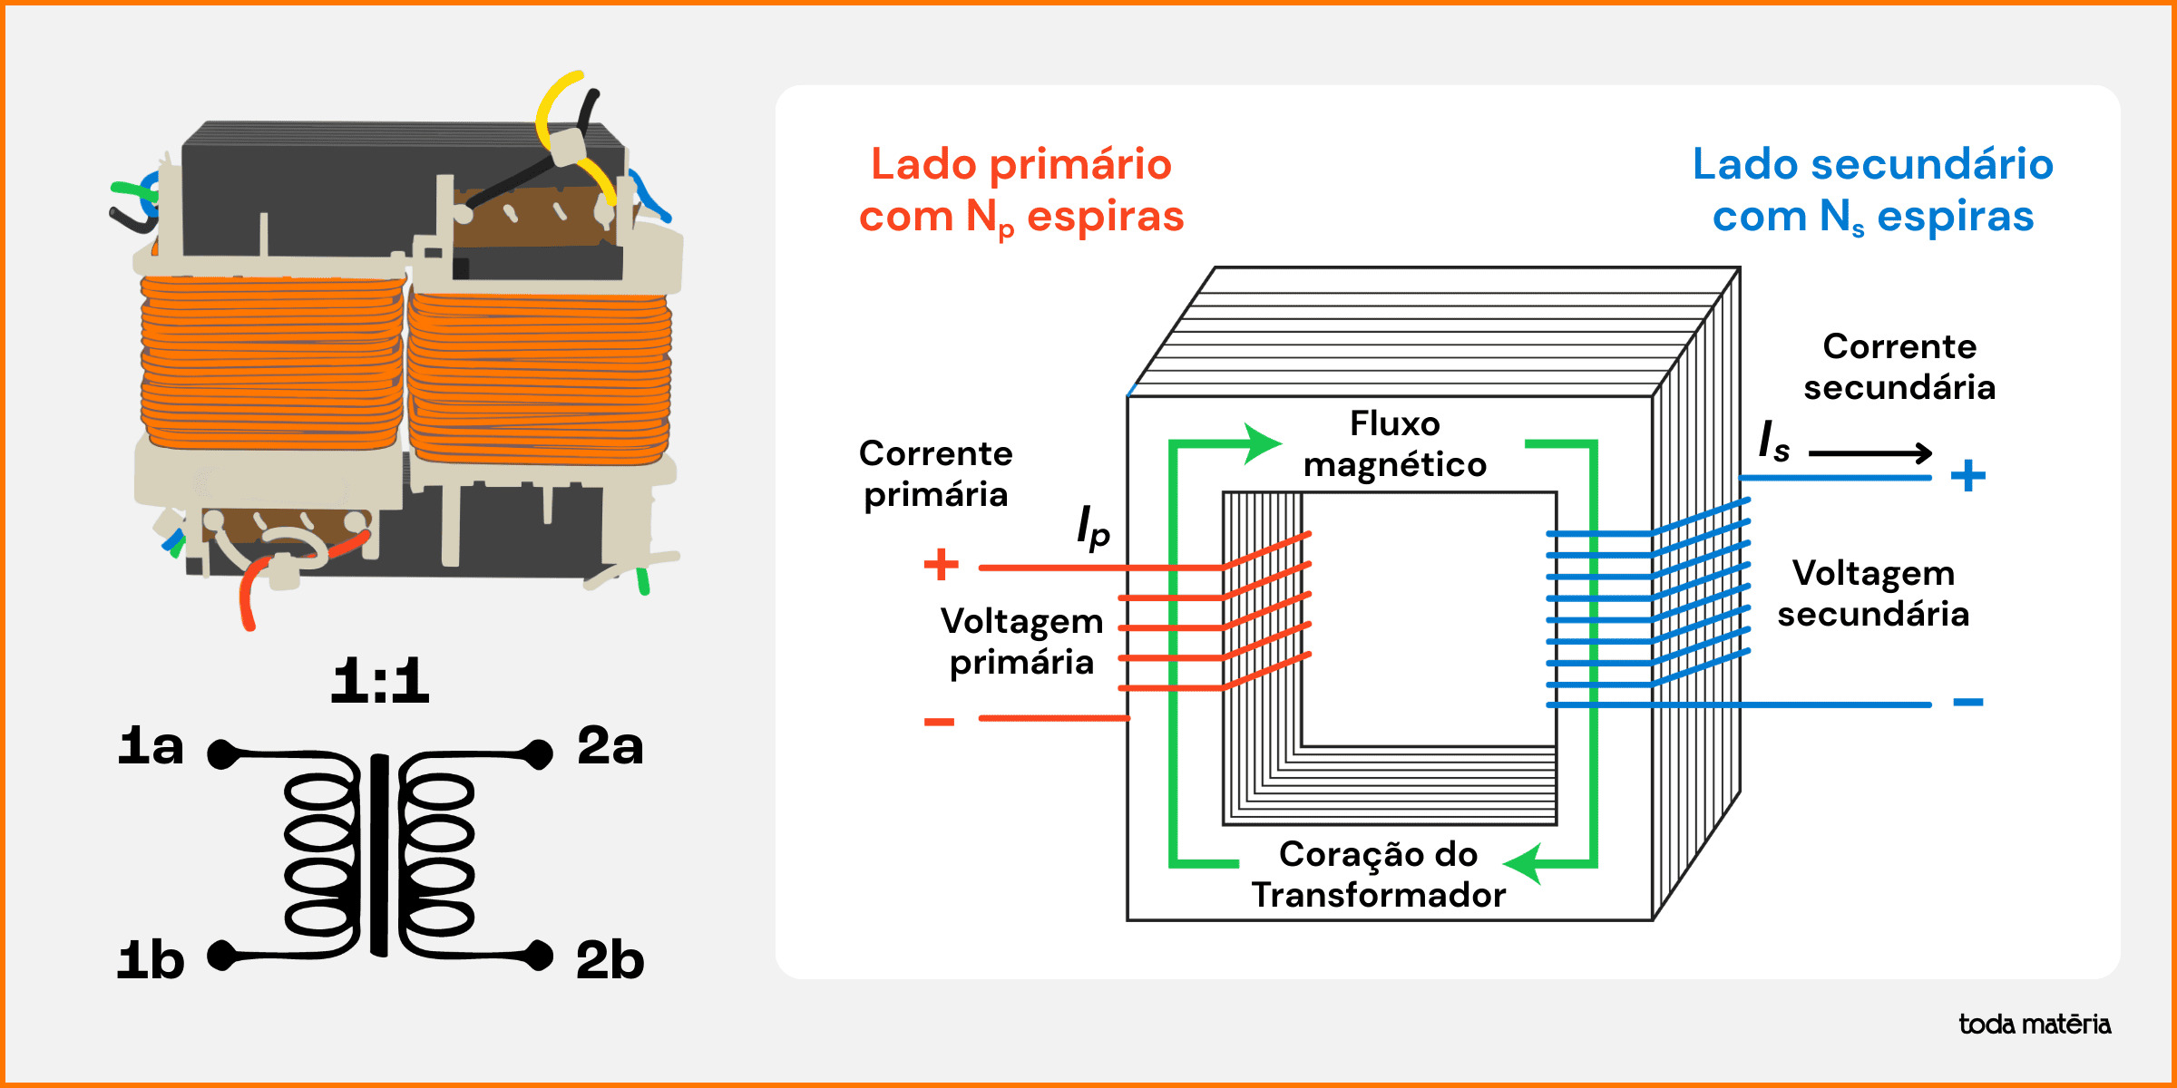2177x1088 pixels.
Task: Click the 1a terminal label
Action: pyautogui.click(x=151, y=746)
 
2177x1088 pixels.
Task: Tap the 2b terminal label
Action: pyautogui.click(x=610, y=960)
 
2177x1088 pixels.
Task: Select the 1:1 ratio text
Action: pyautogui.click(x=379, y=681)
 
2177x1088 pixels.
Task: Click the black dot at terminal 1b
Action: pyautogui.click(x=221, y=955)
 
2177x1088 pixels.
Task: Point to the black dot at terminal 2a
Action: pyautogui.click(x=539, y=753)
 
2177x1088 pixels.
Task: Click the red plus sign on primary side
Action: pyautogui.click(x=941, y=564)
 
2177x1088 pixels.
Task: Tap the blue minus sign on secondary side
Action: pyautogui.click(x=1967, y=702)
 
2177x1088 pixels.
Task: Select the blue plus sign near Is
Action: pyautogui.click(x=1967, y=475)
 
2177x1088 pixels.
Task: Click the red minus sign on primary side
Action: pyautogui.click(x=939, y=722)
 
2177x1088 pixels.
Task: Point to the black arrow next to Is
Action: pyautogui.click(x=1870, y=452)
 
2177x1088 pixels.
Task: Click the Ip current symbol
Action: pyautogui.click(x=1093, y=528)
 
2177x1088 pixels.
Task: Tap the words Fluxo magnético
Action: pyautogui.click(x=1395, y=444)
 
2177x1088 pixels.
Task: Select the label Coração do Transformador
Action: pyautogui.click(x=1379, y=874)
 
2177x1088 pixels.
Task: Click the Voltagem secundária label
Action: pyautogui.click(x=1873, y=594)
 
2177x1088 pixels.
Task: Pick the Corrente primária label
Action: pyautogui.click(x=935, y=473)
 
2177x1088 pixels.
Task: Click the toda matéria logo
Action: pyautogui.click(x=2035, y=1025)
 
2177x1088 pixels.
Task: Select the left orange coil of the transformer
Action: pyautogui.click(x=271, y=363)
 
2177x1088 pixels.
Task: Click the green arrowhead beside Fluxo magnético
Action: pyautogui.click(x=1261, y=443)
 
